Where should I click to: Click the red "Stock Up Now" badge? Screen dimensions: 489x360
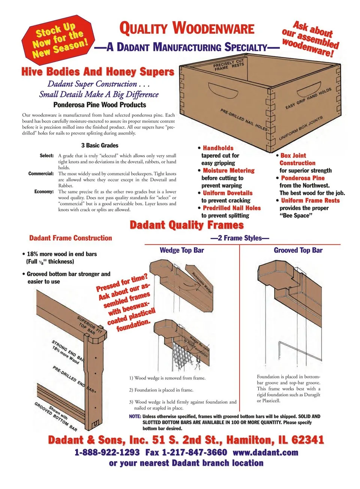58,39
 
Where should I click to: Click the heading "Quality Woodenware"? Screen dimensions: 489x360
187,28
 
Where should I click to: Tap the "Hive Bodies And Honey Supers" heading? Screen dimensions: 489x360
98,72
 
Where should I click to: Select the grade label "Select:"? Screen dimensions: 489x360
47,156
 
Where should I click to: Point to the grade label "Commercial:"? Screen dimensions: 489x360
41,173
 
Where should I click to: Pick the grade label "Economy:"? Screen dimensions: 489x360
44,191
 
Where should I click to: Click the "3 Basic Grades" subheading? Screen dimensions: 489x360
100,145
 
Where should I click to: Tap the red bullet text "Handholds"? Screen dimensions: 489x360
218,148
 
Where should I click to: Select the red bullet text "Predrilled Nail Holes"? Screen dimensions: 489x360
232,208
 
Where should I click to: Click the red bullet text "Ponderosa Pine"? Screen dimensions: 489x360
303,178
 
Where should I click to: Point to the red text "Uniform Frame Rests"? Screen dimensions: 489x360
310,200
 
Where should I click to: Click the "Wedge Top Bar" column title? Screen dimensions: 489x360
182,250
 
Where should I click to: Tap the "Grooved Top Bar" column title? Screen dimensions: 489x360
298,250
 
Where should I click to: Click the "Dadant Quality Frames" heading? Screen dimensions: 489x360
187,225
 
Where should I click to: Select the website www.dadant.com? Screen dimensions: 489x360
265,453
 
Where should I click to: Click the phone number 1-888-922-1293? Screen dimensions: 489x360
107,453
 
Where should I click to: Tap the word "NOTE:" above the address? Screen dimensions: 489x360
135,416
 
